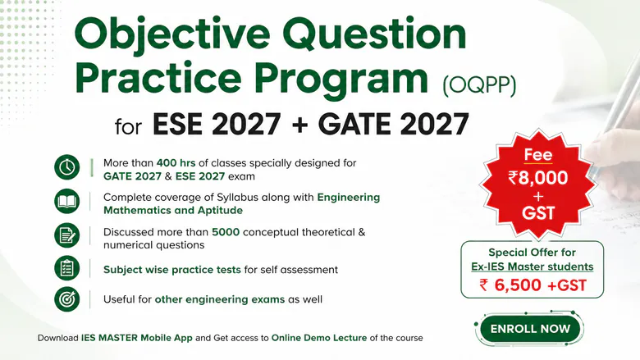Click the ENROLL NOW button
pyautogui.click(x=530, y=329)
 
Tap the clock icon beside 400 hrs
pyautogui.click(x=67, y=167)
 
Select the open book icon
pyautogui.click(x=67, y=202)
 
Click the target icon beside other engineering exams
pyautogui.click(x=67, y=299)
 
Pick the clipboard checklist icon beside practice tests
pyautogui.click(x=67, y=268)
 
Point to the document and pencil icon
pyautogui.click(x=67, y=235)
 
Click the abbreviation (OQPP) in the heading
pyautogui.click(x=480, y=85)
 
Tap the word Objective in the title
pyautogui.click(x=171, y=34)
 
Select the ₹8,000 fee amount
pyautogui.click(x=538, y=178)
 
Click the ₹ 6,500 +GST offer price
pyautogui.click(x=533, y=285)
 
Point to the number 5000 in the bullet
pyautogui.click(x=226, y=232)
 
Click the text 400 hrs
pyautogui.click(x=176, y=163)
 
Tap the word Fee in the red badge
pyautogui.click(x=538, y=154)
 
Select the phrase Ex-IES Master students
pyautogui.click(x=533, y=267)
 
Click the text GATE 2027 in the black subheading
pyautogui.click(x=394, y=125)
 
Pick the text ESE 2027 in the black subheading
pyautogui.click(x=217, y=125)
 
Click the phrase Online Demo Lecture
pyautogui.click(x=319, y=338)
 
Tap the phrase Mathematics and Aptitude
pyautogui.click(x=173, y=211)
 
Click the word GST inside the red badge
pyautogui.click(x=538, y=213)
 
